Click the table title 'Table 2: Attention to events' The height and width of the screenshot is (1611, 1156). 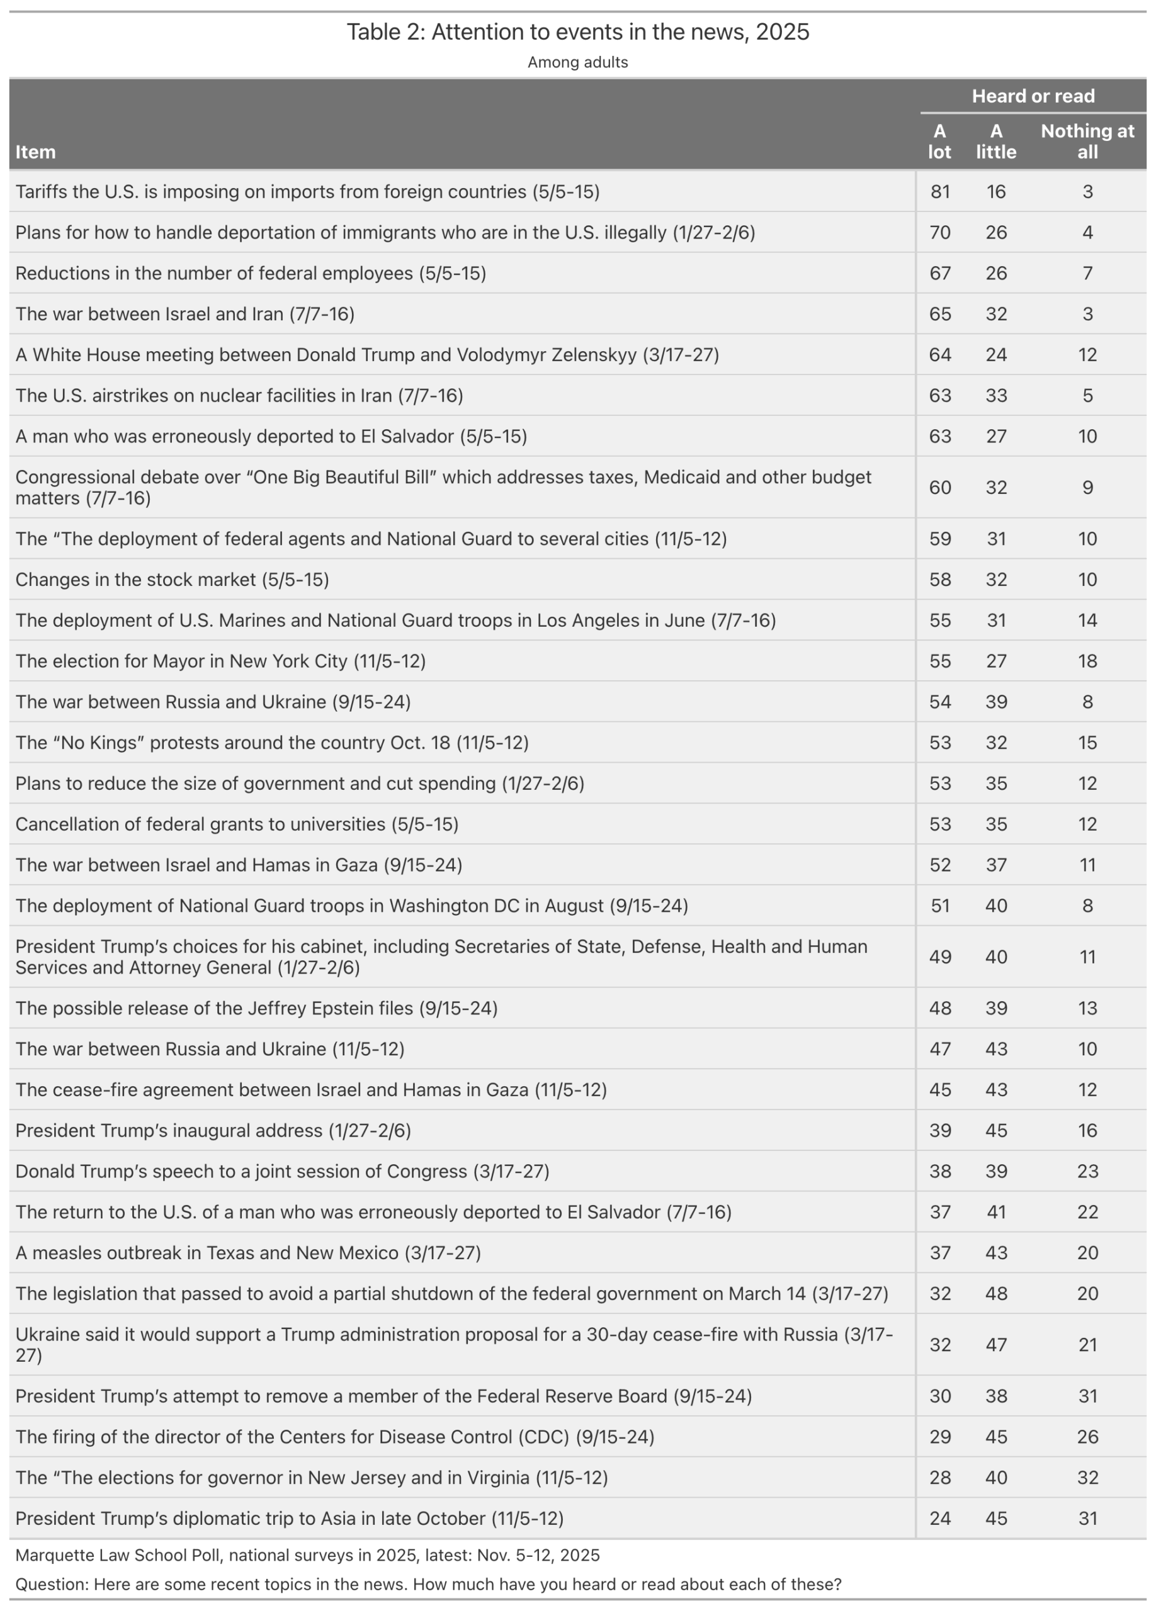577,32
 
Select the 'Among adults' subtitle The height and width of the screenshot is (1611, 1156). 577,62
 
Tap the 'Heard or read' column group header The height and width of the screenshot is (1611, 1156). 1033,96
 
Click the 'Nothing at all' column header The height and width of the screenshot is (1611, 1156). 1087,142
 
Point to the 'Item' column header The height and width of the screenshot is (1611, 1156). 35,152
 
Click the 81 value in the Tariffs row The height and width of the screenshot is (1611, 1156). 940,192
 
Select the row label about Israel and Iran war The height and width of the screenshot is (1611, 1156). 184,314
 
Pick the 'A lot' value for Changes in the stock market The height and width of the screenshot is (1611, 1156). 940,580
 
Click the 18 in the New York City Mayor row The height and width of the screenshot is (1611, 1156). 1087,661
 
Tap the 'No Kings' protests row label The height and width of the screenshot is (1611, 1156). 272,743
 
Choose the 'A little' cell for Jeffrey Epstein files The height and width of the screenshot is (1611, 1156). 996,1009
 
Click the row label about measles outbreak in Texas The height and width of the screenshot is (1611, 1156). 248,1252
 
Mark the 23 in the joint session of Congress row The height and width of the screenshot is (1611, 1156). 1087,1171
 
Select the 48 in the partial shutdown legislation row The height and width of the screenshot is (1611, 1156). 996,1293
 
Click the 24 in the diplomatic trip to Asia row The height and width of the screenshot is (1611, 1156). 940,1518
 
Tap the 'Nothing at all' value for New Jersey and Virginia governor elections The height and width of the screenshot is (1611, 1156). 1087,1478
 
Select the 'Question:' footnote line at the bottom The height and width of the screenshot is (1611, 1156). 428,1584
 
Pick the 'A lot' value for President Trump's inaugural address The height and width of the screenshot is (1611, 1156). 940,1131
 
